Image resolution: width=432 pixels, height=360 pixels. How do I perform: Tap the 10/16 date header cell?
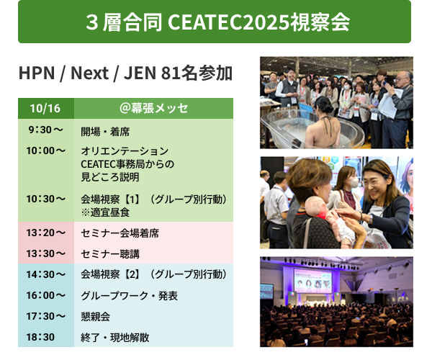[x=45, y=109]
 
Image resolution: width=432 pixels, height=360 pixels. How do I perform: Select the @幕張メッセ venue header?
[x=153, y=109]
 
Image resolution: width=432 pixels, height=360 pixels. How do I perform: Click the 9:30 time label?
[x=45, y=130]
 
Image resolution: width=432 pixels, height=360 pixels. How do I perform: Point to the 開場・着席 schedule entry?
[x=105, y=131]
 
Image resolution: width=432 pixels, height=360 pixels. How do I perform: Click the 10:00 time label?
[x=45, y=150]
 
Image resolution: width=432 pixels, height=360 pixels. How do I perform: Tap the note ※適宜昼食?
[x=105, y=212]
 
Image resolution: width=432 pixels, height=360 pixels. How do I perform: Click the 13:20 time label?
[x=45, y=233]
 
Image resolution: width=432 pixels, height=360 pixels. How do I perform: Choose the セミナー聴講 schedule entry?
[x=110, y=253]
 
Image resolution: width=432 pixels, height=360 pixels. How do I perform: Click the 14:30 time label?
[x=45, y=274]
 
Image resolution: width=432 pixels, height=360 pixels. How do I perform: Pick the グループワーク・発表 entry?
[x=129, y=295]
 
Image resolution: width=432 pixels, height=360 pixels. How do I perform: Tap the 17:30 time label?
[x=45, y=315]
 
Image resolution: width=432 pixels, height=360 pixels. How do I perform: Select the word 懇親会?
[x=95, y=316]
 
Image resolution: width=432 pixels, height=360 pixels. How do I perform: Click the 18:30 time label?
[x=41, y=336]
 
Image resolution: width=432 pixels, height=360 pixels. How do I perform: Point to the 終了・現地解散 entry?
[x=115, y=337]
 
